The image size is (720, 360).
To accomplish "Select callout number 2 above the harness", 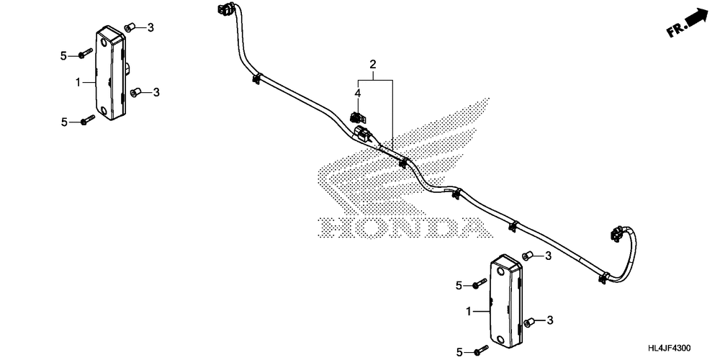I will pos(374,66).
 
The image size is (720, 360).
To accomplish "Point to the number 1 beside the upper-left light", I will pos(78,82).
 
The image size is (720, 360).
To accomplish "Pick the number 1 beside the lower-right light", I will pos(469,312).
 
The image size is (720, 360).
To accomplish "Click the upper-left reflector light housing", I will pos(110,74).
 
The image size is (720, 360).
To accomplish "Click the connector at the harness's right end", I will pos(616,233).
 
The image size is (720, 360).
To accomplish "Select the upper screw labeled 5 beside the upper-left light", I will pos(86,53).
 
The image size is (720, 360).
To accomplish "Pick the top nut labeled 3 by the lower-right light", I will pos(527,256).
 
